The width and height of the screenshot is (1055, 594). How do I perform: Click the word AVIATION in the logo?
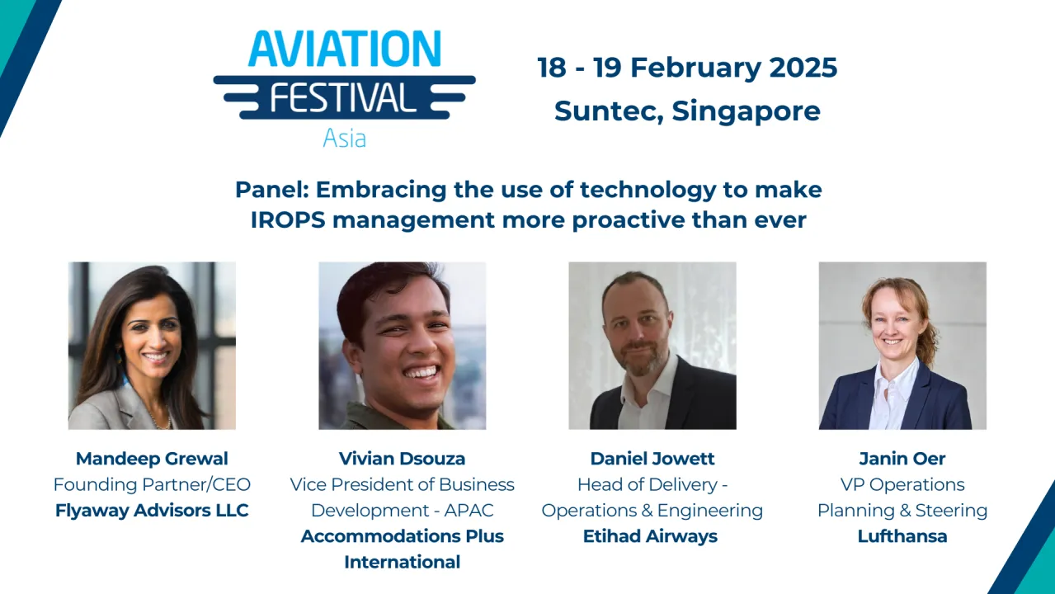coord(345,49)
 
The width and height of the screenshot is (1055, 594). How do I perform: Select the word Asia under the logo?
coord(344,138)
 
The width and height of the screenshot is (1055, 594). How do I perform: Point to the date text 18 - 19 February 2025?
coord(687,67)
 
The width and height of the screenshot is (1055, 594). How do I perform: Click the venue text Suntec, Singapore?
coord(687,110)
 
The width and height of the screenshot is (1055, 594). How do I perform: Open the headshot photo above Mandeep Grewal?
coord(152,346)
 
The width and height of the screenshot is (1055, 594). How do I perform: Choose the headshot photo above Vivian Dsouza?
coord(403,346)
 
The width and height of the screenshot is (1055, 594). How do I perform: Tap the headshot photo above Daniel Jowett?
coord(652,346)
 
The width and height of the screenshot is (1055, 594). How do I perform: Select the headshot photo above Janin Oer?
coord(902,346)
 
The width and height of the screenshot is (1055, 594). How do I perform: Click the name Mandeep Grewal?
coord(152,459)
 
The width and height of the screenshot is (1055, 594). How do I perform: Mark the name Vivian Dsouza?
coord(403,459)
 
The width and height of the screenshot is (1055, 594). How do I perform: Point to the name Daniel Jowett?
coord(652,459)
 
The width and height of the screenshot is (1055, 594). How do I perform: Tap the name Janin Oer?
coord(902,459)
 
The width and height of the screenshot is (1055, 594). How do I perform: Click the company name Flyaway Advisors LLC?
coord(152,511)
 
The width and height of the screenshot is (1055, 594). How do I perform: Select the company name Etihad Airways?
coord(652,536)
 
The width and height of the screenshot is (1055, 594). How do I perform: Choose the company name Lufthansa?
coord(902,536)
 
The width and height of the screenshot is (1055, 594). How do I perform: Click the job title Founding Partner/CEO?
coord(152,484)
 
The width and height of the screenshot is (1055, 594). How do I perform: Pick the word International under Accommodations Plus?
coord(403,563)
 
